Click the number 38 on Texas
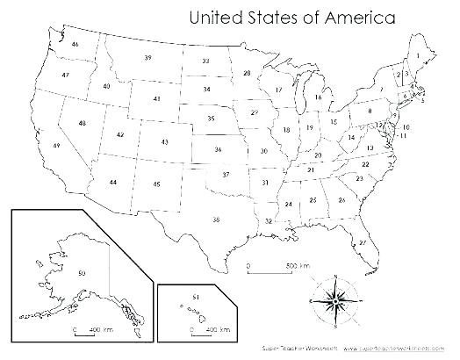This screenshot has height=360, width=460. [x=216, y=218]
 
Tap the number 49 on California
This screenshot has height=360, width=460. [x=57, y=145]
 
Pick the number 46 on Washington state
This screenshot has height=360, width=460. [x=76, y=44]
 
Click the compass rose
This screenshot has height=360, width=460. [x=334, y=299]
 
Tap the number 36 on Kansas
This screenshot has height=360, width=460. [x=218, y=150]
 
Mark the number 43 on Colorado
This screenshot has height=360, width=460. [x=165, y=141]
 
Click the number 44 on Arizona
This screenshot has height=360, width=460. [x=113, y=181]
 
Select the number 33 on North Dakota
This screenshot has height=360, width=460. [x=205, y=61]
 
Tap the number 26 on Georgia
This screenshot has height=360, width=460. [x=341, y=200]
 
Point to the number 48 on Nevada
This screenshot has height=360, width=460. [x=82, y=124]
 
